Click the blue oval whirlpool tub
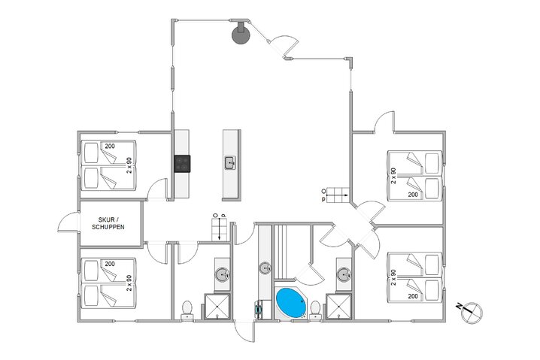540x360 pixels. (x=291, y=303)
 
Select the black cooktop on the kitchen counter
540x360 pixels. (x=183, y=163)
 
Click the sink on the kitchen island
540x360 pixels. (x=230, y=162)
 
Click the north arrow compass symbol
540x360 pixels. (x=470, y=307)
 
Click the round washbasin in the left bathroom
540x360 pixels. (x=222, y=274)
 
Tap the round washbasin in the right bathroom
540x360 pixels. (x=344, y=274)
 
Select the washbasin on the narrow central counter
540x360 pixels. (x=265, y=267)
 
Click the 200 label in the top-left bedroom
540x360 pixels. (x=110, y=146)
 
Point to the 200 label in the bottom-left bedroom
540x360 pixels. (x=110, y=264)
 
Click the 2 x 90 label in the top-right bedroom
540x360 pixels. (x=393, y=175)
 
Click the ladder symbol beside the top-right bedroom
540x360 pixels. (x=334, y=195)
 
